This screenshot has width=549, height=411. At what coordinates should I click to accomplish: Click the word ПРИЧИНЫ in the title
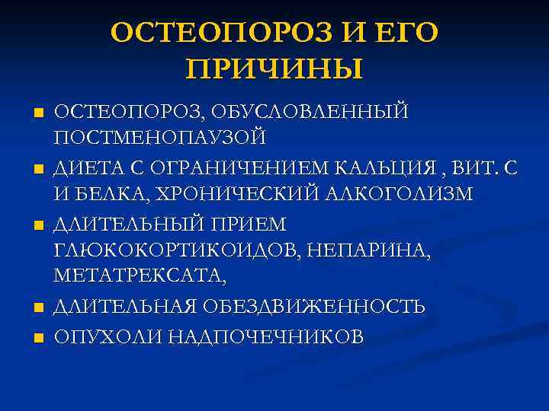(x=274, y=68)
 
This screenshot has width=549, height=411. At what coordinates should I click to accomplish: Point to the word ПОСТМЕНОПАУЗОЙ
(x=160, y=137)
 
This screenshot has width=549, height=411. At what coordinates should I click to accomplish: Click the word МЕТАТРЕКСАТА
(x=140, y=276)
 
